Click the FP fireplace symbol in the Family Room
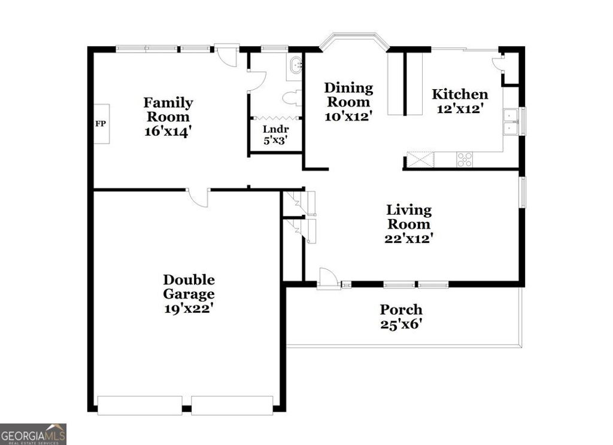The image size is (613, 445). (x=100, y=124)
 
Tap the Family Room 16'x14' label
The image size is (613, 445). (x=168, y=117)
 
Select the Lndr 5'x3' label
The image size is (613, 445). (x=276, y=135)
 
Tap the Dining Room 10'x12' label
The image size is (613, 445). (x=348, y=102)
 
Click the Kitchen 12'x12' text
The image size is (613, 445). (x=460, y=101)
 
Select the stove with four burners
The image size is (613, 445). (x=465, y=160)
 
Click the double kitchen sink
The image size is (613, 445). (x=510, y=121)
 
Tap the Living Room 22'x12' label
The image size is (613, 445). (x=409, y=224)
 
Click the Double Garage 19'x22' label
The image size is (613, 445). (x=189, y=294)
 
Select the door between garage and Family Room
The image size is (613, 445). (x=199, y=197)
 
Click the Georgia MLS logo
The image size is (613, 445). (x=33, y=434)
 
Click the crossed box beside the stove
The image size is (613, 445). (x=420, y=160)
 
